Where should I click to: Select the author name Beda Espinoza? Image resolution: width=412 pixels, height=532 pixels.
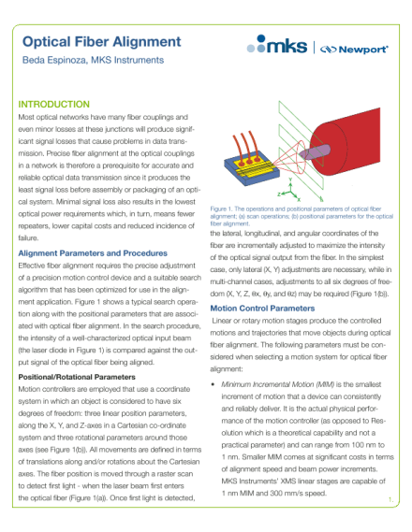click(x=55, y=62)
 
